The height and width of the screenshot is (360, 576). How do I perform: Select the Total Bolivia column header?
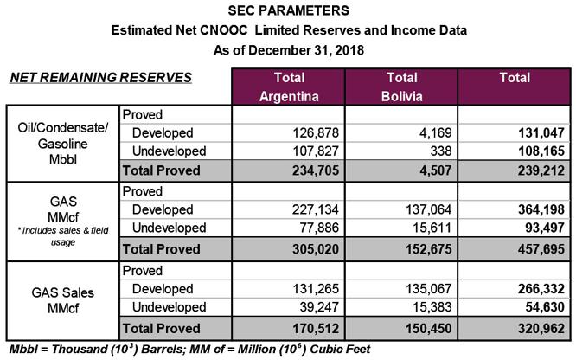(x=402, y=86)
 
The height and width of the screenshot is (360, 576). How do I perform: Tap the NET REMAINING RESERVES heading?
(x=100, y=78)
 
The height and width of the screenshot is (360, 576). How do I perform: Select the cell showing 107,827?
(x=317, y=151)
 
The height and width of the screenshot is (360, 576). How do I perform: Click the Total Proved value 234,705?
(x=317, y=170)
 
